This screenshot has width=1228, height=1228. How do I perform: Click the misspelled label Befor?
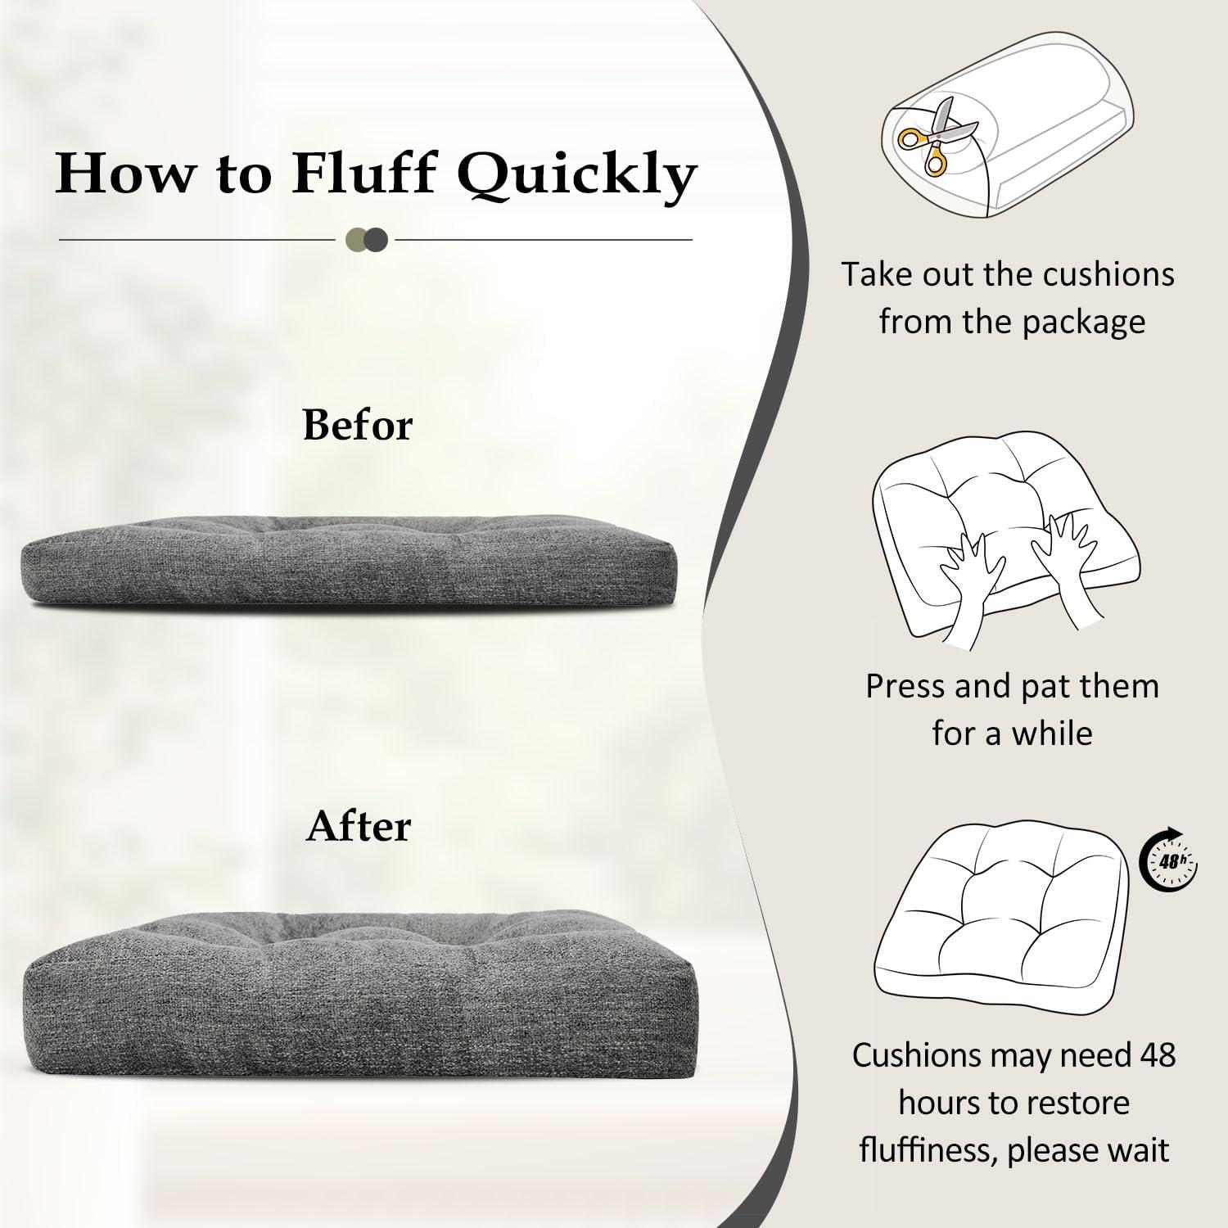pyautogui.click(x=358, y=425)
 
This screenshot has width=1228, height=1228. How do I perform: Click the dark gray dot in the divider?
pyautogui.click(x=377, y=240)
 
